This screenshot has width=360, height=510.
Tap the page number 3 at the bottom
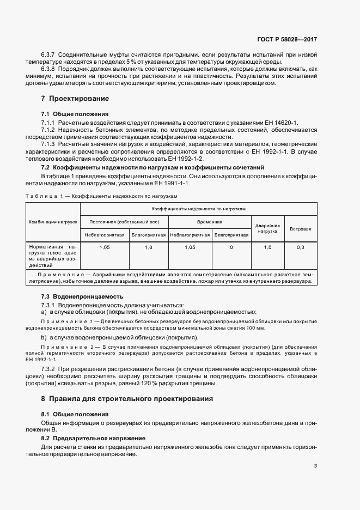point(316,466)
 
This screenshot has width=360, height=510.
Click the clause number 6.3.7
point(49,55)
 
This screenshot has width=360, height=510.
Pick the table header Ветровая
point(300,229)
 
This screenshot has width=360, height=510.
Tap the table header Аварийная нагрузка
point(267,228)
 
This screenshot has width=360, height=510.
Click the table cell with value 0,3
point(300,247)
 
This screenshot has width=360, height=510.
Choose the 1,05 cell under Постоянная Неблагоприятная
point(105,247)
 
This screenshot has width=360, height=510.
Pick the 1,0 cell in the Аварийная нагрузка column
point(267,247)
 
